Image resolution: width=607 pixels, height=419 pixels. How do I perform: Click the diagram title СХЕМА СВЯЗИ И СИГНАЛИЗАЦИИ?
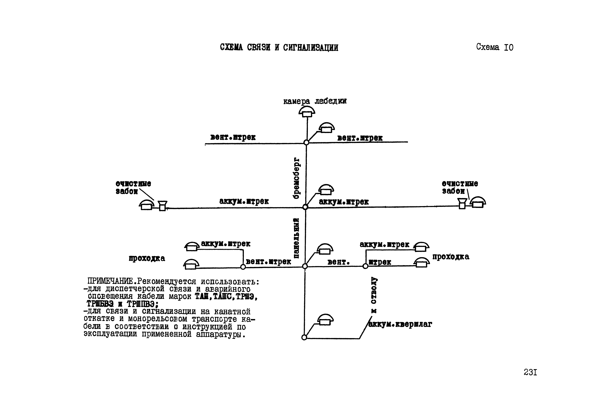click(x=279, y=48)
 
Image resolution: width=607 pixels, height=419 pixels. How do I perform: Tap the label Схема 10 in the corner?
click(x=494, y=47)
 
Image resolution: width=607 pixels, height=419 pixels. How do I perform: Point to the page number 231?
click(x=530, y=372)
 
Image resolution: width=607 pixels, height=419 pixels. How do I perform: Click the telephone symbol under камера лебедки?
click(x=307, y=112)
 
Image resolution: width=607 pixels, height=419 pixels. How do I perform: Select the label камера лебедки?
click(x=315, y=101)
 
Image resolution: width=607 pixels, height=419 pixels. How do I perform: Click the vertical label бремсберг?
click(x=296, y=178)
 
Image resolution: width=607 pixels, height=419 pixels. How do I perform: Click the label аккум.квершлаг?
click(x=400, y=324)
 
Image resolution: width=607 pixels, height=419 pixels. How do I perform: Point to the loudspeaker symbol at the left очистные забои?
click(x=162, y=206)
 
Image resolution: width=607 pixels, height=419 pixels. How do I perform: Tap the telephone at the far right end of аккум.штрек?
click(x=478, y=202)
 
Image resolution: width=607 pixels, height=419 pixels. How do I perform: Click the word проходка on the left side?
click(x=147, y=258)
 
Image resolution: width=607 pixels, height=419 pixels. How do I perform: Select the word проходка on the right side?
click(x=451, y=257)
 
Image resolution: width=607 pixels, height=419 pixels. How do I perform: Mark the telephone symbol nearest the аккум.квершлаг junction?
click(x=325, y=320)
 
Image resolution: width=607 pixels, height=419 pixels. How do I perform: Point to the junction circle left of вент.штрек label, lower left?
click(x=243, y=267)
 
